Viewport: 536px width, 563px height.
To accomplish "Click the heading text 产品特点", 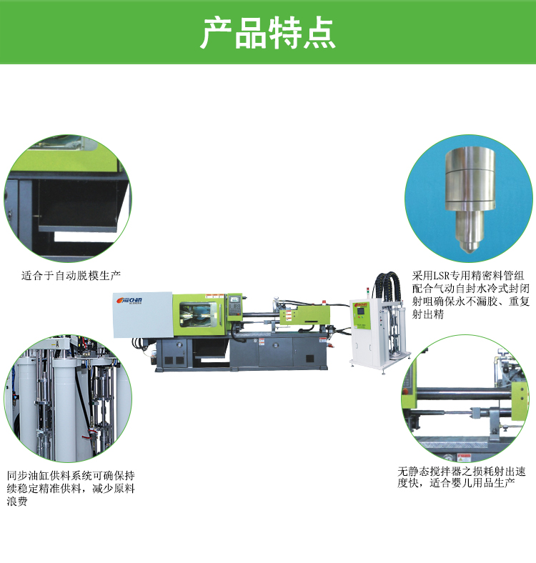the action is (x=267, y=33).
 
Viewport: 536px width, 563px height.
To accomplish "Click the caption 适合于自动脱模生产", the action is (x=71, y=276).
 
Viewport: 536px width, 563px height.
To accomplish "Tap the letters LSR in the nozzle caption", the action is (x=442, y=276).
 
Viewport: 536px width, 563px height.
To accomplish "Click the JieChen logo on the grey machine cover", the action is (x=129, y=300).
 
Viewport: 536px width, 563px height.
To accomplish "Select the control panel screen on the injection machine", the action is (x=234, y=300).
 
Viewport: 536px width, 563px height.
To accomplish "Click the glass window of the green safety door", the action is (x=197, y=314).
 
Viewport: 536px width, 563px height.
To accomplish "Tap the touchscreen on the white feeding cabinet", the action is (x=360, y=311).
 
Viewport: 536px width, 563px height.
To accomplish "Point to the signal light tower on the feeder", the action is (x=367, y=293).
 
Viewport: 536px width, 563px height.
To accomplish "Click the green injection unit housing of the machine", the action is (x=305, y=314).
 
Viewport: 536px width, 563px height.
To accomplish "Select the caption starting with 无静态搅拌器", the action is (x=461, y=477).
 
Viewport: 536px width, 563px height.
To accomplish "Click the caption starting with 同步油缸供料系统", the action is (x=71, y=488).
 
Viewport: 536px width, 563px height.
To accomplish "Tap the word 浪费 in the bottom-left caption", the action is (x=17, y=502).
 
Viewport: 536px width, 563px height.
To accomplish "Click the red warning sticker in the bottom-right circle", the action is (x=463, y=458).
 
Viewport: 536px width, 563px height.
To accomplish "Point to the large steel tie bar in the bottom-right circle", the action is (x=464, y=394).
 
